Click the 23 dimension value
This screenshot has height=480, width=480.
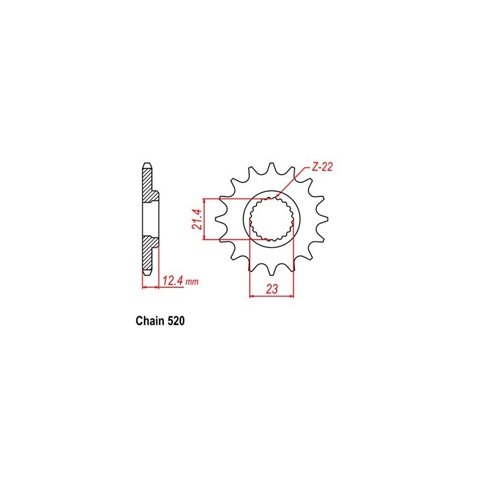pyautogui.click(x=272, y=289)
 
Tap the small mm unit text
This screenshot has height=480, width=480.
pyautogui.click(x=192, y=281)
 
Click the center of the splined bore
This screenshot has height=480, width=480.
pyautogui.click(x=272, y=219)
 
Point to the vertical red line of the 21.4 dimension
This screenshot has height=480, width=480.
pyautogui.click(x=205, y=219)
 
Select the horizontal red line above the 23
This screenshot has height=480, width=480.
pyautogui.click(x=272, y=295)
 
